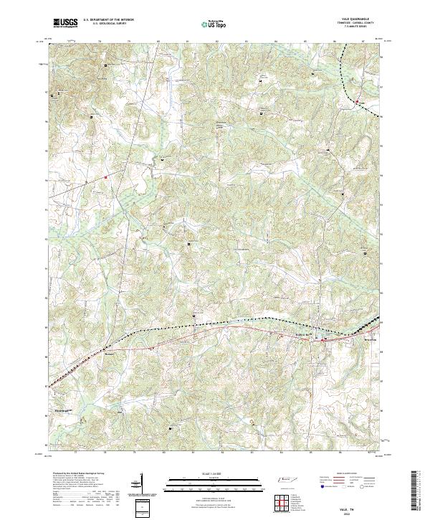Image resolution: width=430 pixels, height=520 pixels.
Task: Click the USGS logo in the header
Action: point(66,23)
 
